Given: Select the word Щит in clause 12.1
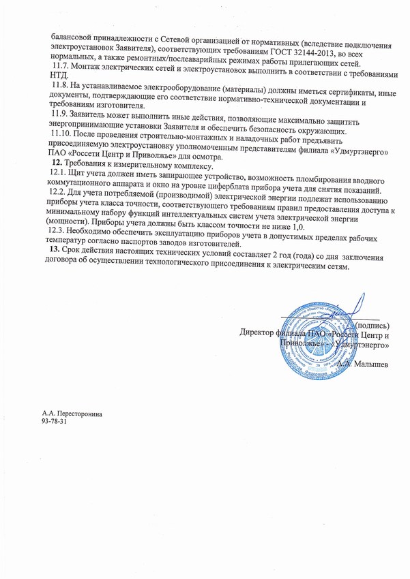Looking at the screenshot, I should pyautogui.click(x=86, y=178).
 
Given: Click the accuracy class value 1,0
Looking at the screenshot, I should pyautogui.click(x=295, y=225).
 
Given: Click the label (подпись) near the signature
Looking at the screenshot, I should pyautogui.click(x=372, y=326).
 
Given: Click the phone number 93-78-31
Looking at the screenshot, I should pyautogui.click(x=55, y=422).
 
